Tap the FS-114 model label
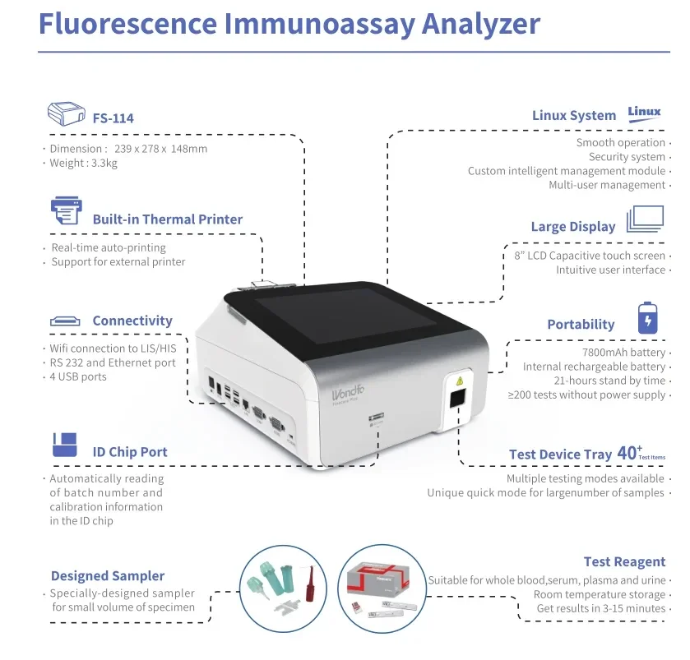pos(113,118)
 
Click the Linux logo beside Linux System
pos(644,113)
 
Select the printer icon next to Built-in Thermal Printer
pos(66,211)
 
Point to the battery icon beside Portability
pos(648,317)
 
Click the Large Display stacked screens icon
pos(645,219)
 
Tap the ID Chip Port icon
pos(64,445)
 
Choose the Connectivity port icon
pos(65,321)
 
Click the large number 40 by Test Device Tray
pos(627,453)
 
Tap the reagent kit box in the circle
pos(381,580)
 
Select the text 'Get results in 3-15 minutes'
pos(600,609)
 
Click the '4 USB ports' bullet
pos(78,376)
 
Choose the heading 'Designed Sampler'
pos(108,576)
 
